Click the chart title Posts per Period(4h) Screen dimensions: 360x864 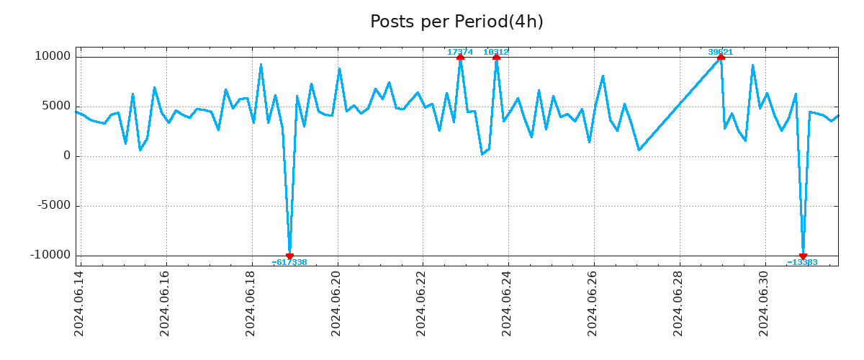456,22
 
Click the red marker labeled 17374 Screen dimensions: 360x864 460,56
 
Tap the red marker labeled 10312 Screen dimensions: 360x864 496,56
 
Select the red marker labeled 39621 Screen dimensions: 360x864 721,56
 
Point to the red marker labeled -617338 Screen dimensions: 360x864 289,256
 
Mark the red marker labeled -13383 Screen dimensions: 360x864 803,256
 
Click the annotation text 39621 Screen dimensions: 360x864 721,52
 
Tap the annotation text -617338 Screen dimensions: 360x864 289,262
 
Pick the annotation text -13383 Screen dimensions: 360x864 802,262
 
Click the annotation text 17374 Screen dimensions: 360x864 460,52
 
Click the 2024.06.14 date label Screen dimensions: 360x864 80,303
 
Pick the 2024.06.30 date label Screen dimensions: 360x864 765,303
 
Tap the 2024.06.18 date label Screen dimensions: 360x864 251,303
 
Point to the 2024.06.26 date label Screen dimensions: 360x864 593,303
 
